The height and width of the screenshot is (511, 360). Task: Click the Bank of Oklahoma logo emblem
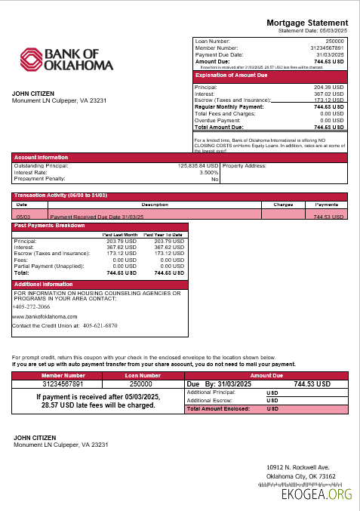click(x=32, y=60)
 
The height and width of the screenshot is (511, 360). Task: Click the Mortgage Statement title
click(x=308, y=23)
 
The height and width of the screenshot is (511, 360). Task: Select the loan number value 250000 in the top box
click(x=334, y=41)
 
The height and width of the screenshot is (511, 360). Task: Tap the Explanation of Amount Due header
click(x=231, y=75)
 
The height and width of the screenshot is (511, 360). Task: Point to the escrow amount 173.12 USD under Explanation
click(x=328, y=100)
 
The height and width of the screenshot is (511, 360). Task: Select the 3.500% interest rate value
click(x=208, y=172)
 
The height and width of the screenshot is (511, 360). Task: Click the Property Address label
click(x=246, y=165)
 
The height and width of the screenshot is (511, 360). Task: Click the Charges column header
click(x=283, y=205)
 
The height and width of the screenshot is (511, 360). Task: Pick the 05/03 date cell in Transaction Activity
click(x=23, y=217)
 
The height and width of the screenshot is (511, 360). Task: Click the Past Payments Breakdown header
click(x=50, y=226)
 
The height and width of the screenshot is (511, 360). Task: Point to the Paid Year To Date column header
click(x=164, y=235)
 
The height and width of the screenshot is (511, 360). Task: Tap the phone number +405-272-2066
click(x=32, y=307)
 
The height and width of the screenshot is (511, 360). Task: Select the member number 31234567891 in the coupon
click(x=63, y=384)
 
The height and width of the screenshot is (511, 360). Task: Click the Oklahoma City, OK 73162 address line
click(x=301, y=477)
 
